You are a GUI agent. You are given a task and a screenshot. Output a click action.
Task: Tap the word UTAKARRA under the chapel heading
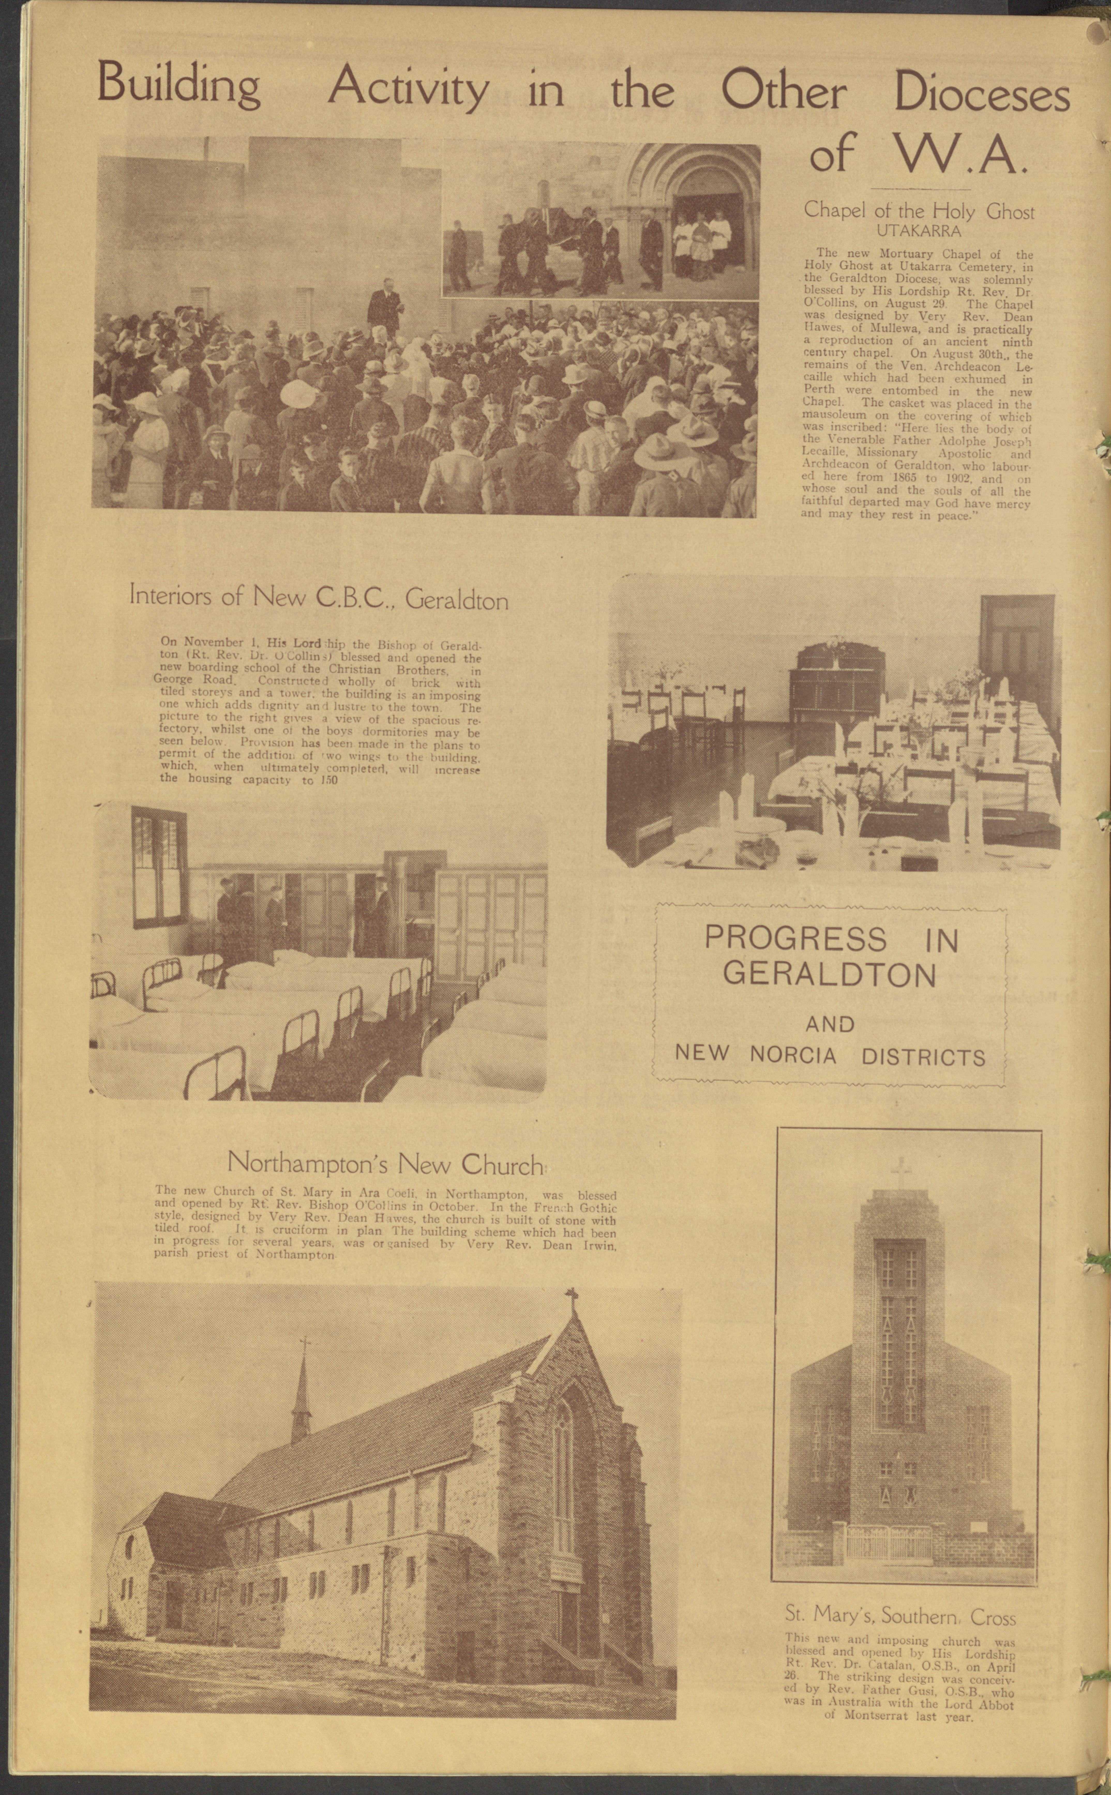(919, 231)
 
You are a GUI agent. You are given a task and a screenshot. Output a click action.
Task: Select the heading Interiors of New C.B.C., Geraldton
(318, 597)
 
